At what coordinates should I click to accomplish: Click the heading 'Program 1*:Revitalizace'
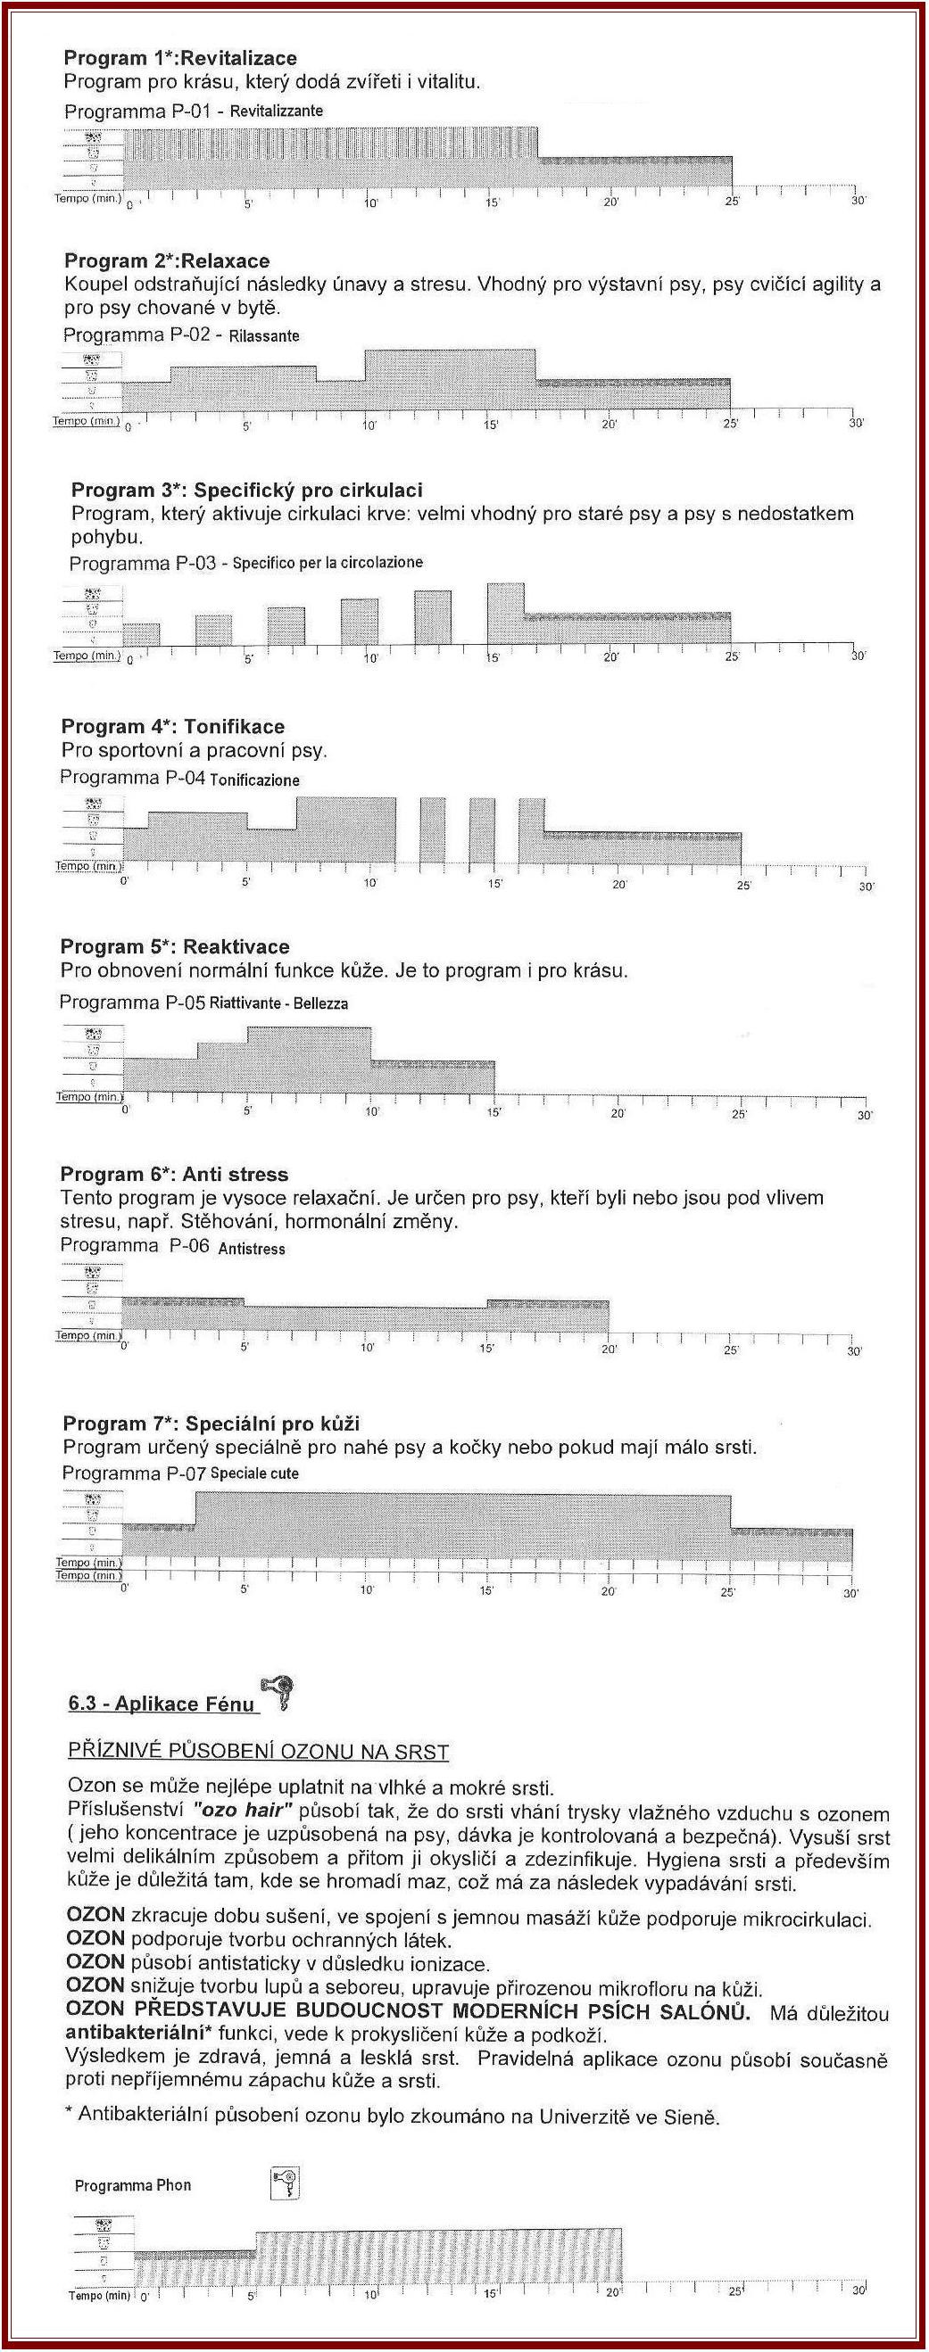pyautogui.click(x=180, y=59)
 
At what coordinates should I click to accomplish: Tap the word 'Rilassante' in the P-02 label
pyautogui.click(x=264, y=336)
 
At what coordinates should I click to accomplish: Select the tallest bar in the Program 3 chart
pyautogui.click(x=505, y=614)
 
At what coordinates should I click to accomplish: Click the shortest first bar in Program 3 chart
pyautogui.click(x=141, y=634)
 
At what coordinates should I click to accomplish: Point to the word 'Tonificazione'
pyautogui.click(x=254, y=780)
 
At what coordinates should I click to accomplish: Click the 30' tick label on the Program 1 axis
pyautogui.click(x=858, y=201)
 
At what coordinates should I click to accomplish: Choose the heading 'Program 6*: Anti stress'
pyautogui.click(x=173, y=1174)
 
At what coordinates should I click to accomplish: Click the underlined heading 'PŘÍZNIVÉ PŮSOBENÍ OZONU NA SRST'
pyautogui.click(x=259, y=1752)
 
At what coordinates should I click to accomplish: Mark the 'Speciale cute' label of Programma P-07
pyautogui.click(x=254, y=1473)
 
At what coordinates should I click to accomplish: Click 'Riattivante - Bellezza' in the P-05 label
pyautogui.click(x=278, y=1003)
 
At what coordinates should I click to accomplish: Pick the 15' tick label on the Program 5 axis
pyautogui.click(x=494, y=1113)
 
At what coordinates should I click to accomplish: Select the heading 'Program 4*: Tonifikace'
pyautogui.click(x=172, y=727)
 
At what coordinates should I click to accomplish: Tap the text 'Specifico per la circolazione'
pyautogui.click(x=327, y=563)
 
